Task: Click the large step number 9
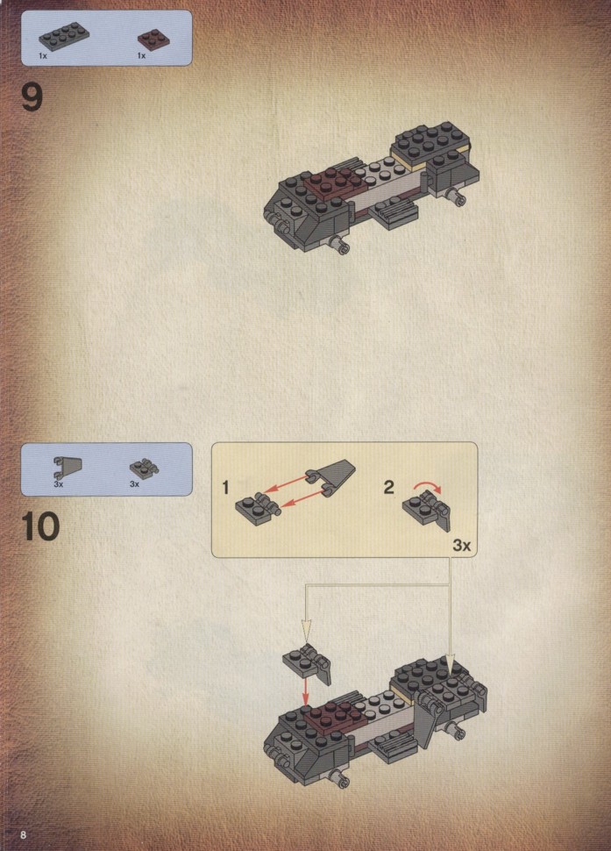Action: [32, 97]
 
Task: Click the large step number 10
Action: [40, 526]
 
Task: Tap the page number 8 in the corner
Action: [23, 834]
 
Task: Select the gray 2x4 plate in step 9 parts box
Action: [64, 35]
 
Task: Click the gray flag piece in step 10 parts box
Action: [67, 468]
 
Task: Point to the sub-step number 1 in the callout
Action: [225, 488]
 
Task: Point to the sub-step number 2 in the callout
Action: [388, 487]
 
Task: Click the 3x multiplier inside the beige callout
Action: [461, 545]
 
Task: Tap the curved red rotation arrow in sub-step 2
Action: [428, 486]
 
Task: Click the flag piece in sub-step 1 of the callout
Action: [330, 477]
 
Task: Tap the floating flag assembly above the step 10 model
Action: [307, 664]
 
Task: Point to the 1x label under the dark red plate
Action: [141, 55]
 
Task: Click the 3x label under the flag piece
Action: [59, 483]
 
